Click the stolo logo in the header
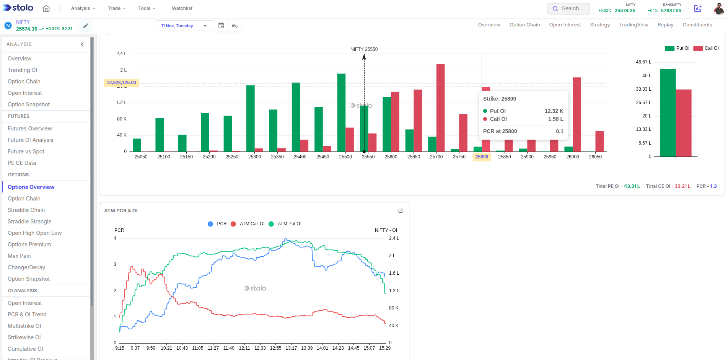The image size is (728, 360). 18,8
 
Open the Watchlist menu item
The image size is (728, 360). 182,8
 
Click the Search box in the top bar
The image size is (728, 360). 569,8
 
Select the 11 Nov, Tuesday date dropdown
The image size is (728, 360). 184,26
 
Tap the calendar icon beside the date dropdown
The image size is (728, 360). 221,26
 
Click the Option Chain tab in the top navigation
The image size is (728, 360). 524,25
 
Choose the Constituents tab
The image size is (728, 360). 697,25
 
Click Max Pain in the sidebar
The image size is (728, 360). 19,256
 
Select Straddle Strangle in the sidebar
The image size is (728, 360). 29,222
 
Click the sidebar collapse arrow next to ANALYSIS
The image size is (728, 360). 82,44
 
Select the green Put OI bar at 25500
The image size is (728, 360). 341,112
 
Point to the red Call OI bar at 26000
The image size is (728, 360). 577,114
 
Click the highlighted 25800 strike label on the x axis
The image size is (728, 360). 482,157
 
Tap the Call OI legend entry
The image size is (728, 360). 707,48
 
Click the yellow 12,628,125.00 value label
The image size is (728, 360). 121,83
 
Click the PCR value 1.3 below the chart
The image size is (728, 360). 713,186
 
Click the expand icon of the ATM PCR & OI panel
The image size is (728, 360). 401,211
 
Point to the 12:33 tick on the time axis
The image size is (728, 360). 260,348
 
